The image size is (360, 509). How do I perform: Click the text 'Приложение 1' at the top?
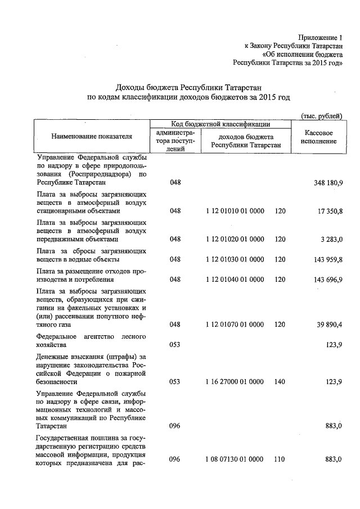[x=321, y=37]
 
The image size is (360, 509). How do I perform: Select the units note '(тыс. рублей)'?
[x=321, y=116]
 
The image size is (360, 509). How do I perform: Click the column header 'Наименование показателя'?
[x=92, y=136]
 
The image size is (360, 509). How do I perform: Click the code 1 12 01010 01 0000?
[x=235, y=211]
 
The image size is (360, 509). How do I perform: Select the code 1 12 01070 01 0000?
[x=235, y=325]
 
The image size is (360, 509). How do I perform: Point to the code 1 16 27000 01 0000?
[x=235, y=382]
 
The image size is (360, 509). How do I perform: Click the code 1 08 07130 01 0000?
[x=235, y=460]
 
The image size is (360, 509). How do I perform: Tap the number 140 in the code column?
[x=280, y=382]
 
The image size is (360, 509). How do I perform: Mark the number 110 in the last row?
[x=280, y=460]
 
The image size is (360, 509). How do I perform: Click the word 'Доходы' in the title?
[x=130, y=87]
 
